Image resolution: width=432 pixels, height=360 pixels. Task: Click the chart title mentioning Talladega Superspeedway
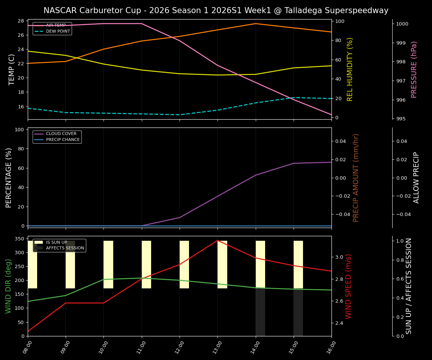[x=216, y=10]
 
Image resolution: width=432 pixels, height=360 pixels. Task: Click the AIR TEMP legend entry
[x=56, y=25]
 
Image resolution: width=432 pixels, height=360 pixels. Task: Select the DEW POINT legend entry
[x=58, y=31]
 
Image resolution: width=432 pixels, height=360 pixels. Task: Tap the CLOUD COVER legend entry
[x=61, y=134]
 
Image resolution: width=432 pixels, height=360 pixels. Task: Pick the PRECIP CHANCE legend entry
[x=63, y=140]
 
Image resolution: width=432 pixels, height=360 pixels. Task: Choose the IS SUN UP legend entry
[x=56, y=243]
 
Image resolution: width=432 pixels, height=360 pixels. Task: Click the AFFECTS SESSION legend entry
[x=65, y=248]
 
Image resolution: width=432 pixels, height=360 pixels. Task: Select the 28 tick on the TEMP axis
[x=21, y=21]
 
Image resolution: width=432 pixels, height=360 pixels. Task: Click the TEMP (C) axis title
[x=12, y=69]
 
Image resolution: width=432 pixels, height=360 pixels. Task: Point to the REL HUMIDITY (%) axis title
[x=350, y=69]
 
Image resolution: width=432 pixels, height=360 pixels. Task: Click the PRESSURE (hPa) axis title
[x=414, y=69]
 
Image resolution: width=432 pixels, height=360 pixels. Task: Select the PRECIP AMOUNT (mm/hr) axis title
[x=356, y=177]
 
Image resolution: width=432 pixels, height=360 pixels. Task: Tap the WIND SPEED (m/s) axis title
[x=349, y=286]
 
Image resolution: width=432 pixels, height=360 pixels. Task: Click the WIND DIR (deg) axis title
[x=9, y=286]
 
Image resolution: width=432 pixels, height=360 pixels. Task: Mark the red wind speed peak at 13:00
[x=217, y=240]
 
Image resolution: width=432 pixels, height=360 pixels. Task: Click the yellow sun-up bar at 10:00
[x=108, y=264]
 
